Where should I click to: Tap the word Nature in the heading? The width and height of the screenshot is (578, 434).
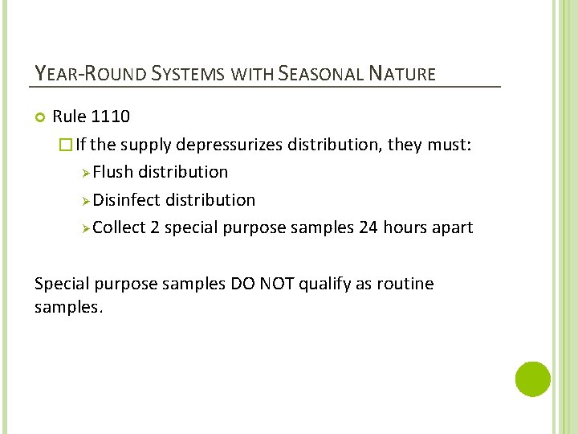403,75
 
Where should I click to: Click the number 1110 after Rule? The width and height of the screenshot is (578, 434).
111,117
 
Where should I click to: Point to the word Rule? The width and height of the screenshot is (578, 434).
69,117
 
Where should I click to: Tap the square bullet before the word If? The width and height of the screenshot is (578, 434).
67,145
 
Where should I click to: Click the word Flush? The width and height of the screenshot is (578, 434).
112,172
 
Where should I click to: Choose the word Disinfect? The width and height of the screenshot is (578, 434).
127,200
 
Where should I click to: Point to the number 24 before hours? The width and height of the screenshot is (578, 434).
368,227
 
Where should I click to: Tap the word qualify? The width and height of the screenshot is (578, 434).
321,284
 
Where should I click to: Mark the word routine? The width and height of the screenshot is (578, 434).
406,284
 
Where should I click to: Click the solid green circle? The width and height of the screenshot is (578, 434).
532,379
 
